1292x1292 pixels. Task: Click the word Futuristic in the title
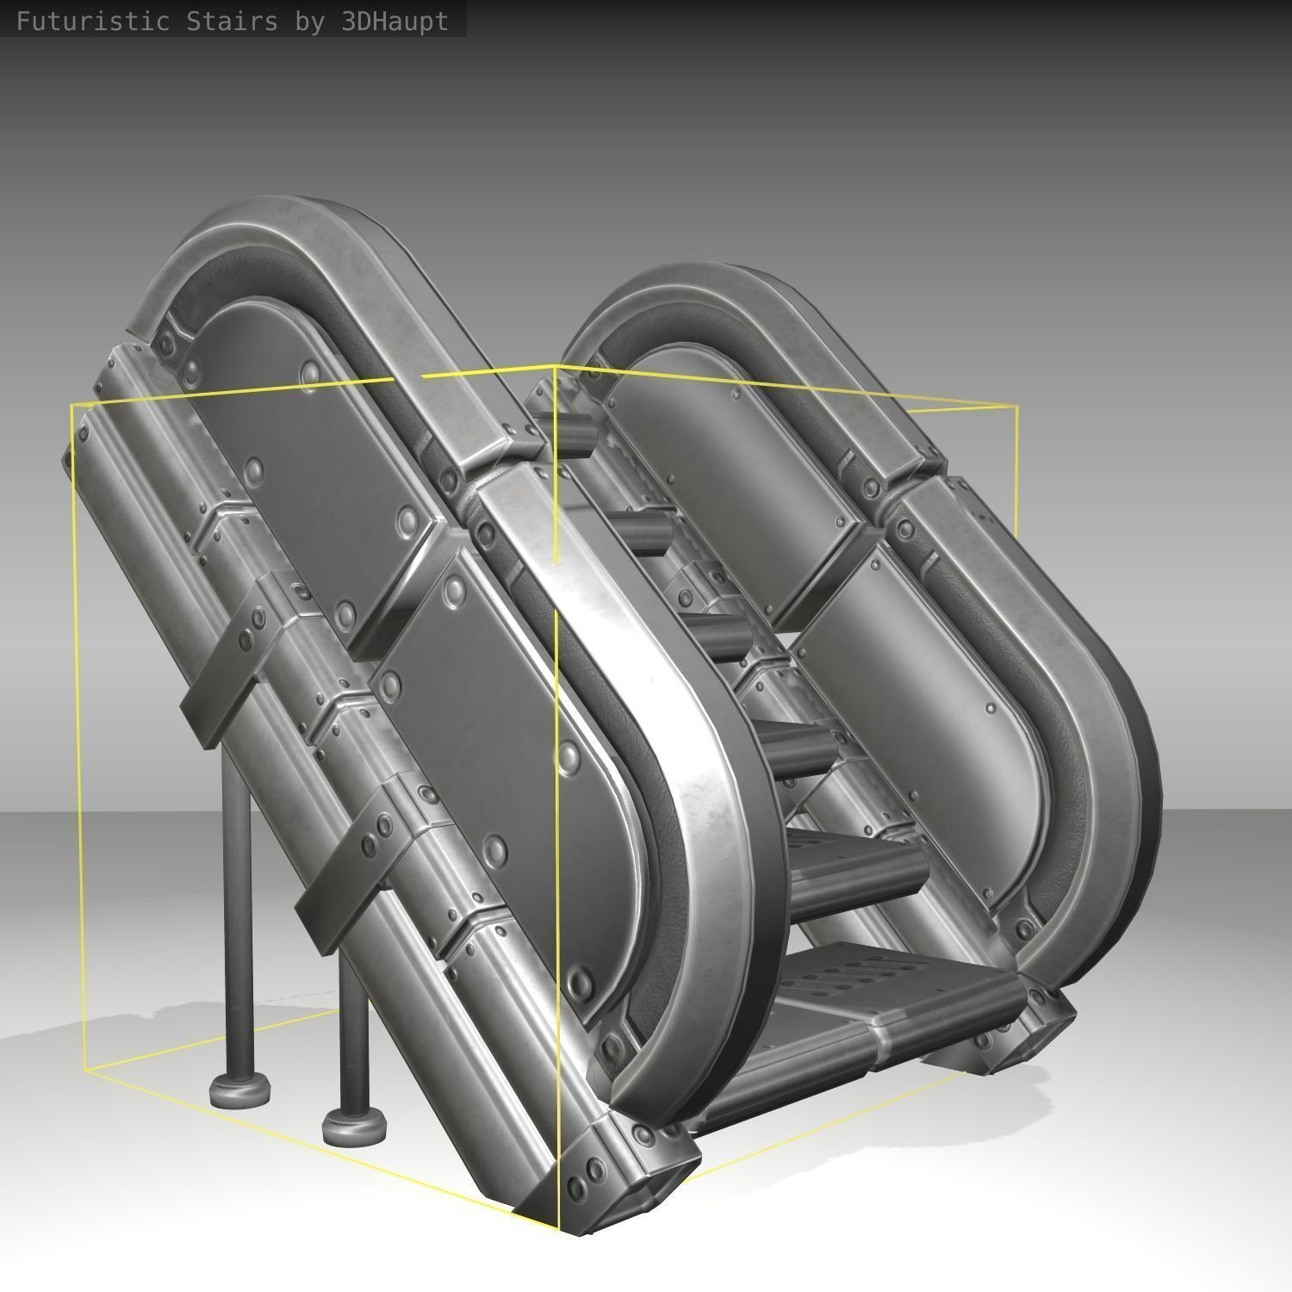92,21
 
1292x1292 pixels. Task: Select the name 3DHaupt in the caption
394,21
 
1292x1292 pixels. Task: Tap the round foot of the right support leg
353,1125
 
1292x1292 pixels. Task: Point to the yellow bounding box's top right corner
1016,407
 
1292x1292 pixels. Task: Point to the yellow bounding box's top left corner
73,405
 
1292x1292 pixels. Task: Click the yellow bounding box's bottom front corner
559,1230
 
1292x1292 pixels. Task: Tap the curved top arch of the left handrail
258,233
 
